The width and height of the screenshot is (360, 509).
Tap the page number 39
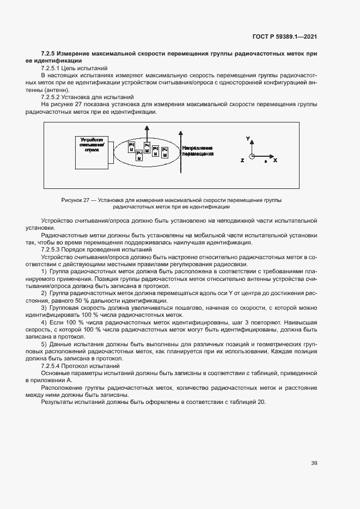(x=314, y=463)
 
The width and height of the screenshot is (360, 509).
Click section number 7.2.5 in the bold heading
(x=50, y=53)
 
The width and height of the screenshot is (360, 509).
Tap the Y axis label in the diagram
(x=248, y=139)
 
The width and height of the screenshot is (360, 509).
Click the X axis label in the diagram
(x=275, y=161)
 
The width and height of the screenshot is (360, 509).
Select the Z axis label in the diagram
(x=242, y=161)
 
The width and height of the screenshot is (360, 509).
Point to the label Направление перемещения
(x=198, y=151)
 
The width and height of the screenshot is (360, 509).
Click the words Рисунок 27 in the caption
(x=75, y=200)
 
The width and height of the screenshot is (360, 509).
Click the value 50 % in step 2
(x=72, y=301)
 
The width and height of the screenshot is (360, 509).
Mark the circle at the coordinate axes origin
(x=252, y=157)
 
